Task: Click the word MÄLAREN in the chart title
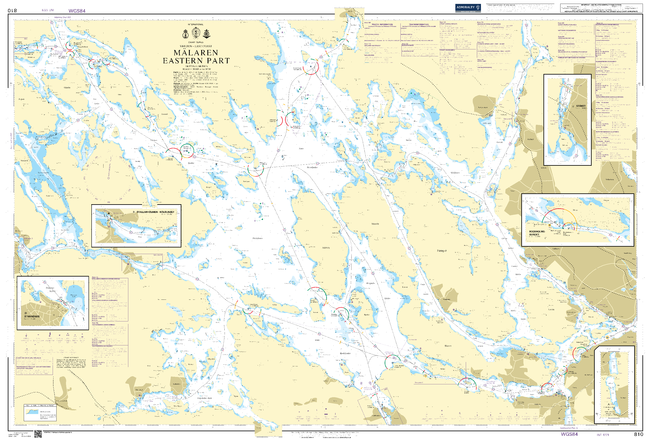tap(196, 53)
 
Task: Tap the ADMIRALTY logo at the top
tap(468, 8)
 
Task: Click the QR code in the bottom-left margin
tap(38, 434)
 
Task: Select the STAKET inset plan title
tap(581, 106)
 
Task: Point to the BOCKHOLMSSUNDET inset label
tap(537, 233)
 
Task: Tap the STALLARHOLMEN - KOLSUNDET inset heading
tap(155, 212)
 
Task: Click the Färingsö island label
tap(442, 251)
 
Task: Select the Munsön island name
tap(375, 224)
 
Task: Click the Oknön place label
tap(67, 88)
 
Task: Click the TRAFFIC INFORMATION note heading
tap(382, 24)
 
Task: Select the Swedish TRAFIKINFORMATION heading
tap(419, 24)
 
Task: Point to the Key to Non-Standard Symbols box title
tap(40, 405)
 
